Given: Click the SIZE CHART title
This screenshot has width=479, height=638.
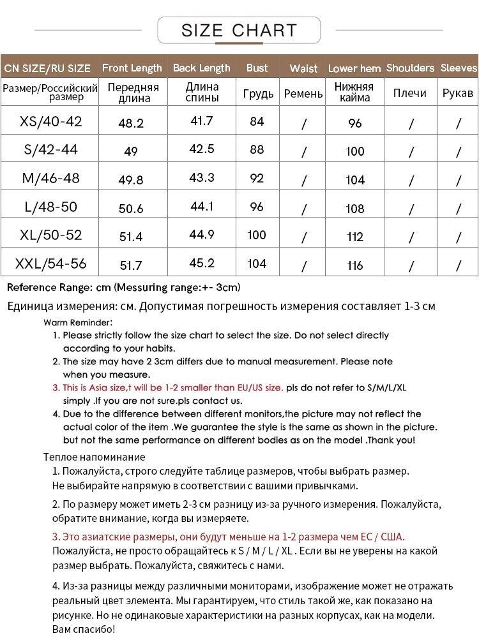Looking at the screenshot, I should (239, 30).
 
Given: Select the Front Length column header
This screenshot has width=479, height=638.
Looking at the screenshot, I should (132, 68).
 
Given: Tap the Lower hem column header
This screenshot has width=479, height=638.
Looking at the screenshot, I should (354, 68).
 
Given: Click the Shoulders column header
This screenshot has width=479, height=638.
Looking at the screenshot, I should (410, 68).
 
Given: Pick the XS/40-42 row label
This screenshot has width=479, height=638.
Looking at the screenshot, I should (51, 121).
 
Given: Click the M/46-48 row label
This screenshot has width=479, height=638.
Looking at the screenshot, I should (51, 178).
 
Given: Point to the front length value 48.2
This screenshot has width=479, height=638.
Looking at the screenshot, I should (131, 123).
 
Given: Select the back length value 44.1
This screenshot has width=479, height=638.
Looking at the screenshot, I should (202, 207).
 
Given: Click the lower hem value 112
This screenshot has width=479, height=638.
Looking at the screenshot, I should (355, 237).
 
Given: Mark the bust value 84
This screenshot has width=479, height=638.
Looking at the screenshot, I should (257, 121).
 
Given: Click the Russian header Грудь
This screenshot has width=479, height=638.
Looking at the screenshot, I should (258, 94).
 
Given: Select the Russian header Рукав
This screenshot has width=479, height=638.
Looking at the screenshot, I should (458, 93).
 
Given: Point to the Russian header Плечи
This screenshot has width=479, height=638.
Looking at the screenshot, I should (410, 93).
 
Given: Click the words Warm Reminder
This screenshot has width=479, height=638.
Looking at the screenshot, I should (79, 322).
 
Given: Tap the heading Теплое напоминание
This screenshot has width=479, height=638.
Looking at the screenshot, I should (94, 457).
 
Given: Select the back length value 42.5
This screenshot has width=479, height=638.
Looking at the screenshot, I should (202, 149).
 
